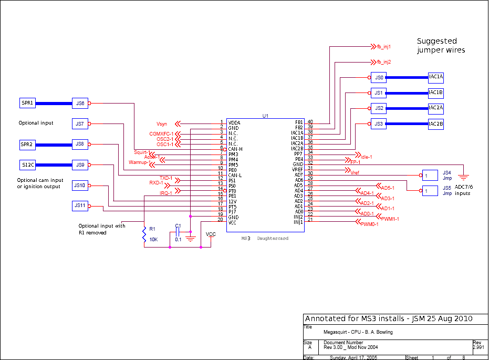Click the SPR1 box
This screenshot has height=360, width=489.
click(27, 103)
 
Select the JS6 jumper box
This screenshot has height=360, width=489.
click(80, 104)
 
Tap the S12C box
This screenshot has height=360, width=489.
click(27, 165)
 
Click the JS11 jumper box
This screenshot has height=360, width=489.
click(80, 205)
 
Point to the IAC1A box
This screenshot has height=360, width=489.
click(436, 77)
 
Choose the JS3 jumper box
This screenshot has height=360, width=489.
click(378, 124)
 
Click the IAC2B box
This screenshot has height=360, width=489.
click(436, 124)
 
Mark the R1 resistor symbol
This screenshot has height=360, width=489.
click(144, 234)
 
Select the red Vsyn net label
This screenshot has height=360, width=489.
click(162, 124)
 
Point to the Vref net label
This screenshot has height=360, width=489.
click(355, 173)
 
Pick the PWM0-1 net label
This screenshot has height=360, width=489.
click(370, 224)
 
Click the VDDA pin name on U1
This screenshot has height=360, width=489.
click(234, 122)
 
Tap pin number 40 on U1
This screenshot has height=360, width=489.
click(310, 122)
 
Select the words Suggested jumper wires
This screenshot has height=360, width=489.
click(441, 46)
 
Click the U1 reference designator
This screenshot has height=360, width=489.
click(265, 115)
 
